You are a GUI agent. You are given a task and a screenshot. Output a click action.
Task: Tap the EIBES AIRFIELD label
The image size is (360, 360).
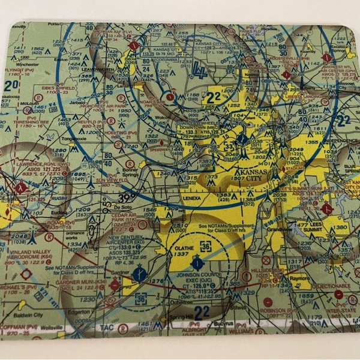(58, 88)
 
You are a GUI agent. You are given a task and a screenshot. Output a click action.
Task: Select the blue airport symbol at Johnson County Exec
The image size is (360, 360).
(196, 262)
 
